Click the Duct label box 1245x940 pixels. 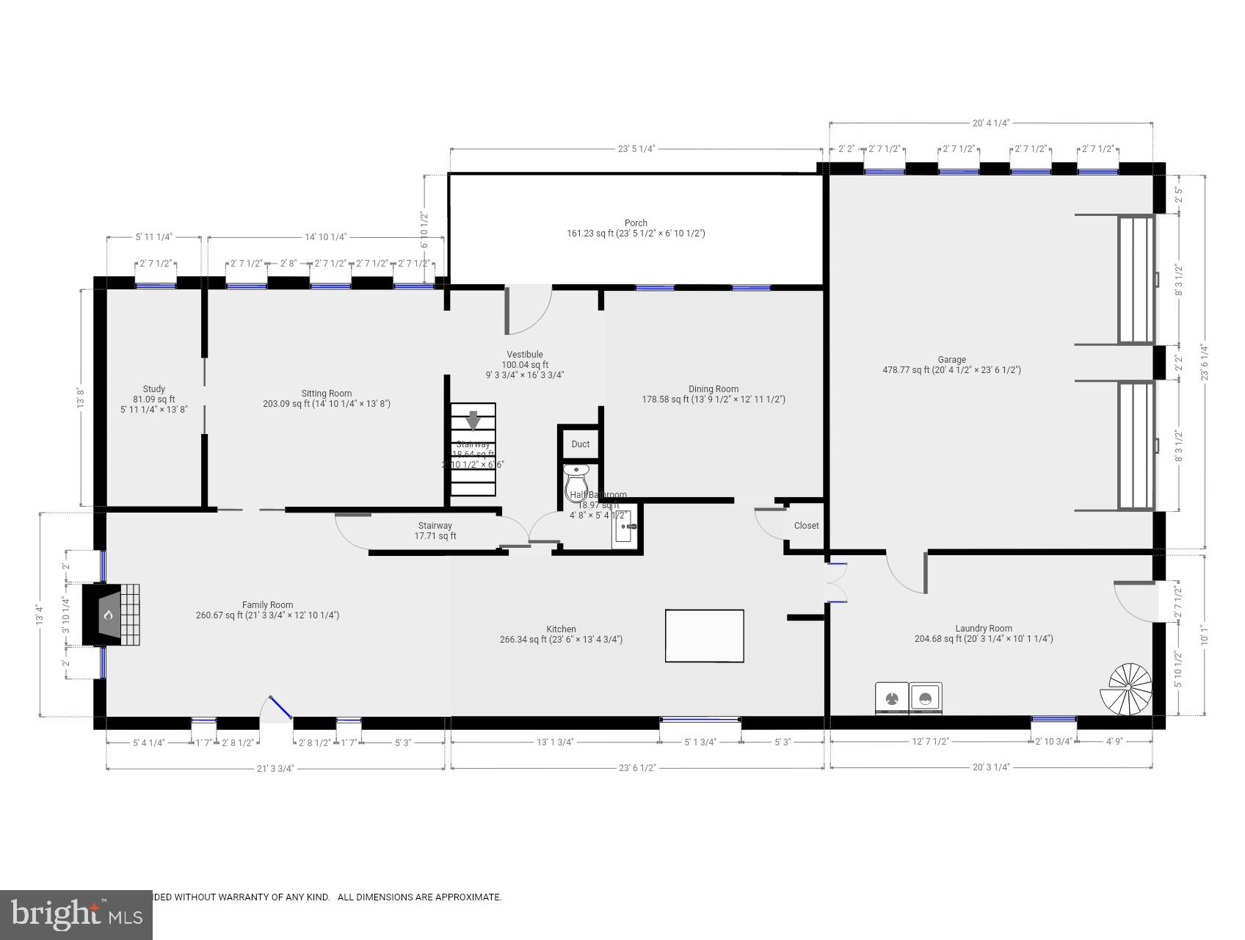click(580, 444)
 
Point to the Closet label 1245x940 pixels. click(806, 526)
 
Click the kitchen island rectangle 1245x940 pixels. click(704, 636)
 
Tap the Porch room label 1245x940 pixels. click(636, 228)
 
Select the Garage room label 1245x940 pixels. click(951, 365)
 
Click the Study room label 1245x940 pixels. click(153, 399)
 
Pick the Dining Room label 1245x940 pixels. click(713, 394)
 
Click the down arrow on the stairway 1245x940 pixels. click(473, 420)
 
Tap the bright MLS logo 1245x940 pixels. click(76, 914)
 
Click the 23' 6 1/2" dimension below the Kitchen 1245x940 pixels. click(637, 768)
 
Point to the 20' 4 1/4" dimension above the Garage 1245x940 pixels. click(990, 123)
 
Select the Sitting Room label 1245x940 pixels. click(327, 398)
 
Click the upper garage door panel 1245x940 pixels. click(1136, 279)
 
